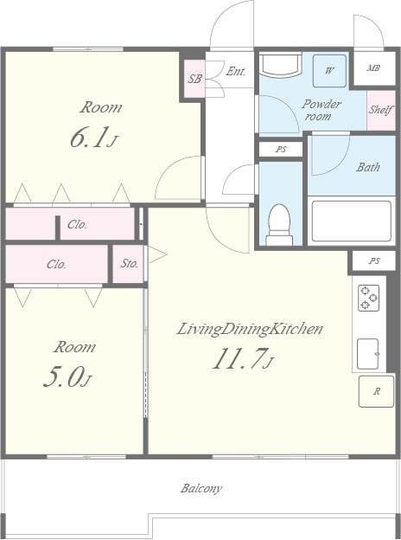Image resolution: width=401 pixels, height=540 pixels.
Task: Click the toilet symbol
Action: [x=280, y=224]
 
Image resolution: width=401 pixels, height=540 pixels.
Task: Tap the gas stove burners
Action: [x=369, y=298]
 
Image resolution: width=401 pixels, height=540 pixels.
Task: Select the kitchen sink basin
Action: [x=368, y=354]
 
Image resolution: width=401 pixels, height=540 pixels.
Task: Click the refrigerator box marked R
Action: [x=376, y=391]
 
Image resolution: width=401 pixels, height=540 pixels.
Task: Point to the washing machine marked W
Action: [x=329, y=71]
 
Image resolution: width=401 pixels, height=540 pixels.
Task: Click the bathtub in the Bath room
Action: [x=352, y=221]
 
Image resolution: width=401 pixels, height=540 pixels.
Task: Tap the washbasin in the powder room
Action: [x=280, y=65]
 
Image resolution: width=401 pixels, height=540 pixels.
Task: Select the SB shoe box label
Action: [x=194, y=79]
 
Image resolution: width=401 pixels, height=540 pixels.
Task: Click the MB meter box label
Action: [x=374, y=68]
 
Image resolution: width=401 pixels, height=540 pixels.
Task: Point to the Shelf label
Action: [x=381, y=110]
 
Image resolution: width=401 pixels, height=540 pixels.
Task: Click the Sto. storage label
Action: [x=130, y=263]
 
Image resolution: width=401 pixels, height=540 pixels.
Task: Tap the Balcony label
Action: [x=201, y=488]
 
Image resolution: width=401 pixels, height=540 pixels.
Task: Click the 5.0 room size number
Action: [x=64, y=376]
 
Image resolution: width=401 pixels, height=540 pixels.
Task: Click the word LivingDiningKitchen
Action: [x=250, y=329]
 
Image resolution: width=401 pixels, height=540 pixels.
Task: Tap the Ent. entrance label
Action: [x=236, y=71]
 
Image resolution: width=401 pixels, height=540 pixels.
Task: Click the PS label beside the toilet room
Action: [x=281, y=150]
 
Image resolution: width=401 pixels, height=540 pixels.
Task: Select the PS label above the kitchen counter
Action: [x=374, y=260]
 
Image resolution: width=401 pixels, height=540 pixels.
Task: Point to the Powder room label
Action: [x=321, y=110]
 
